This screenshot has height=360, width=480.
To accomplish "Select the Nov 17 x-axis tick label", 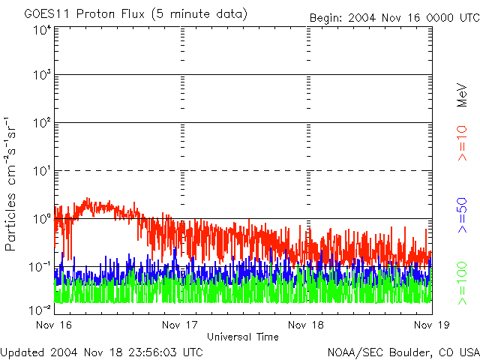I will click(181, 325).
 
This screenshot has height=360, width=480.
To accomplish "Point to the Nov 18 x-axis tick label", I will click(307, 325).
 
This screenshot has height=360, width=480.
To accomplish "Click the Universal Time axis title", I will click(243, 337).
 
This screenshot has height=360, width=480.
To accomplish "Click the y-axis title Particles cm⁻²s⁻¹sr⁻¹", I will click(13, 184).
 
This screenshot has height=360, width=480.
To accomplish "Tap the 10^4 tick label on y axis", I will click(42, 30).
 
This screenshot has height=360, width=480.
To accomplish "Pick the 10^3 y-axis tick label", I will click(42, 75).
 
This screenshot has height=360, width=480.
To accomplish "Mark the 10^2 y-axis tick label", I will click(42, 123).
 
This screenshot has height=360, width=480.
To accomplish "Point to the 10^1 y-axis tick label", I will click(42, 171).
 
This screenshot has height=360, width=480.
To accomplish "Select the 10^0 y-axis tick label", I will click(42, 219).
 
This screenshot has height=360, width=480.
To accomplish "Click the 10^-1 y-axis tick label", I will click(40, 267).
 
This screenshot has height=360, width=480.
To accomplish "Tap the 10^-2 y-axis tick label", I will click(40, 309).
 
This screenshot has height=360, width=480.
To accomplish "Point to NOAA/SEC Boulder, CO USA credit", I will click(403, 352).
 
